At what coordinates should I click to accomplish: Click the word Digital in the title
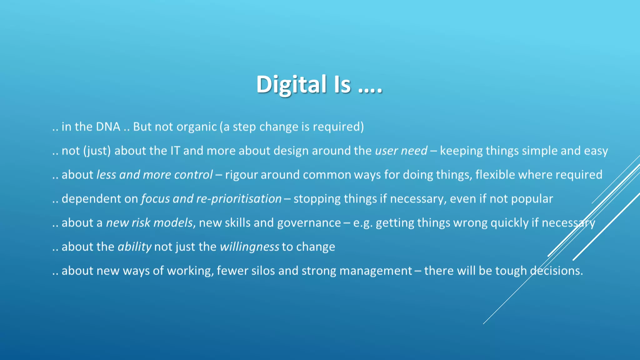coord(291,84)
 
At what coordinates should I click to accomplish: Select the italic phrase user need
coord(401,151)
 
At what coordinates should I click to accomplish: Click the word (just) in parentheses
coord(97,151)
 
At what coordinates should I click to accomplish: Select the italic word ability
coord(134,247)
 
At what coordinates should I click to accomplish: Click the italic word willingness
coord(249,247)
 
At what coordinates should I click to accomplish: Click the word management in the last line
coord(376,271)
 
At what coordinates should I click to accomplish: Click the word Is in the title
coord(342,84)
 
